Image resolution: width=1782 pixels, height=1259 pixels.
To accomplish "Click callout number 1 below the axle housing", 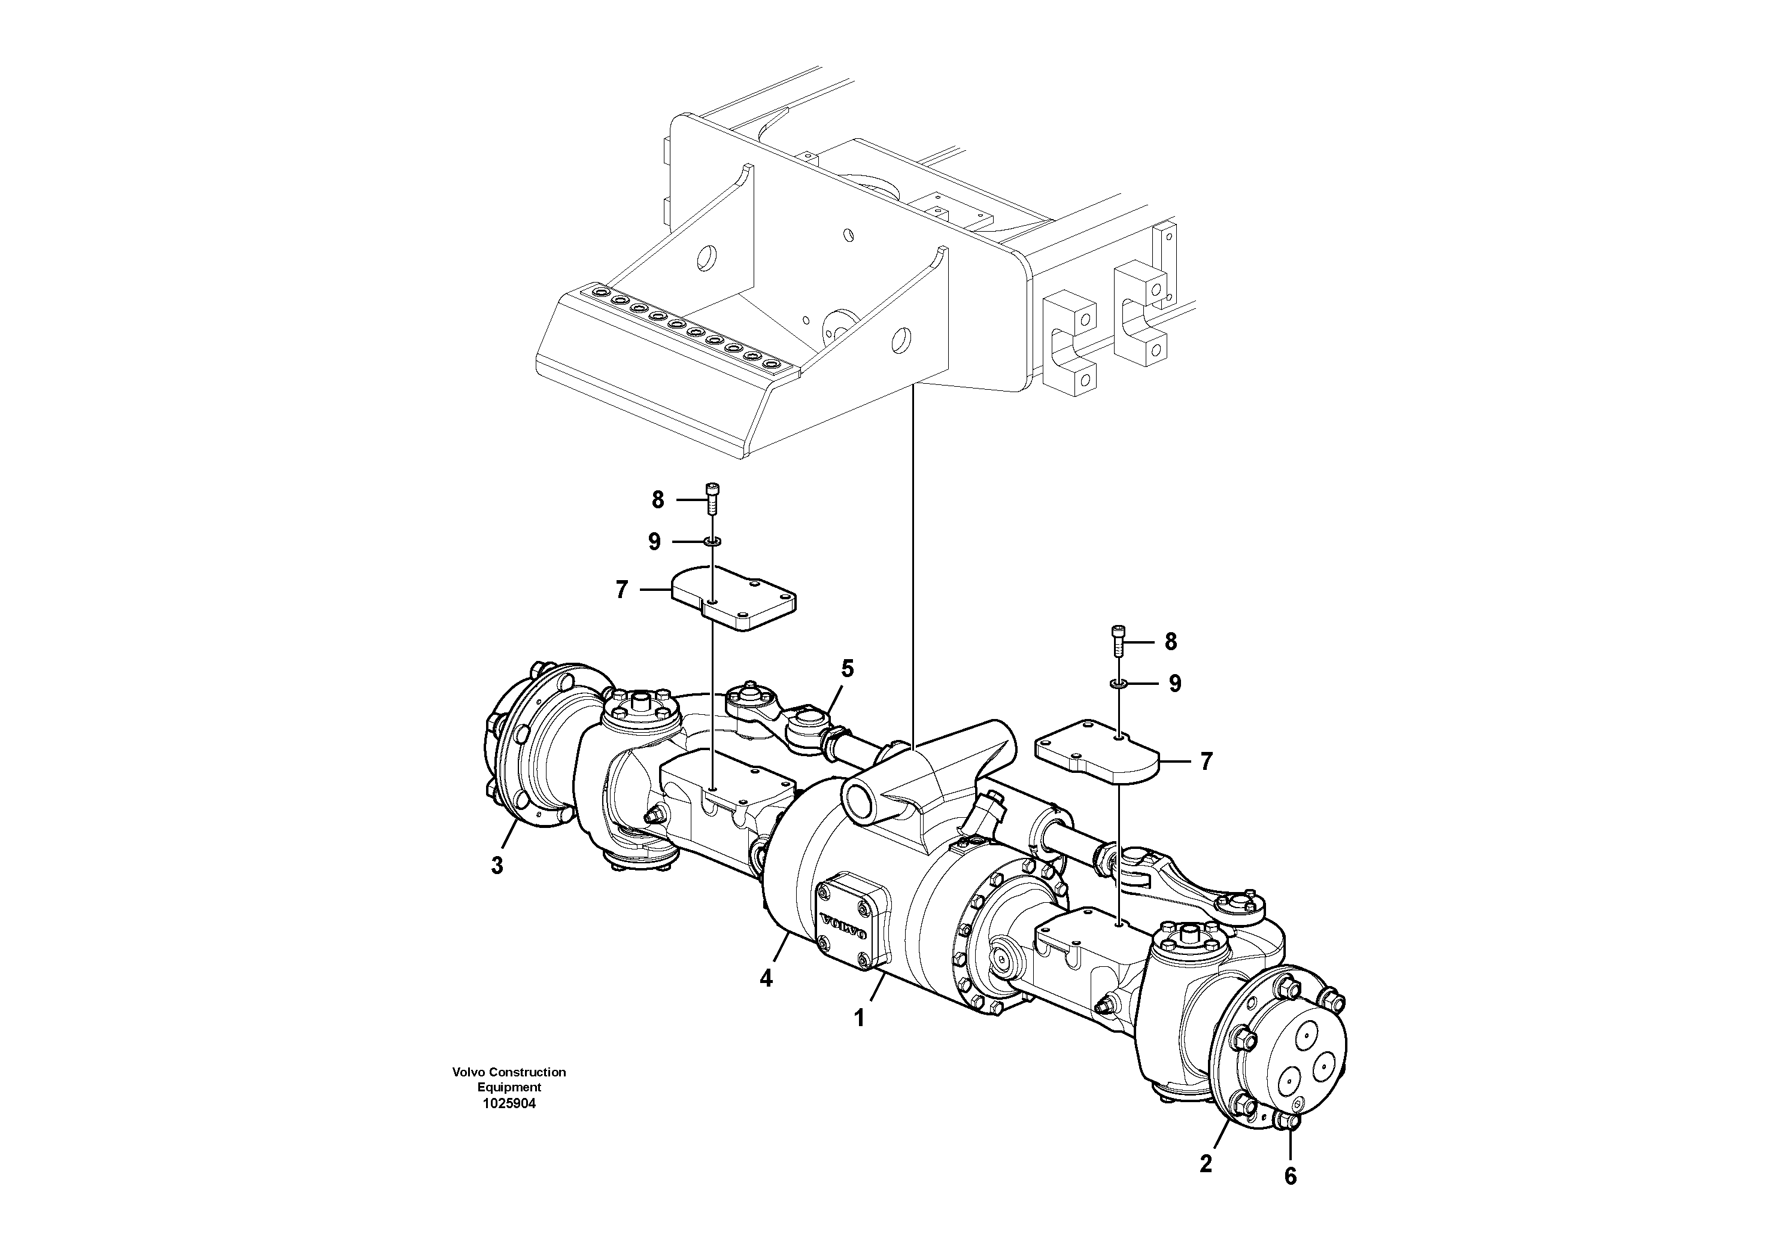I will (858, 1018).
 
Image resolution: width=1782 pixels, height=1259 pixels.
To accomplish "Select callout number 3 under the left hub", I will (497, 866).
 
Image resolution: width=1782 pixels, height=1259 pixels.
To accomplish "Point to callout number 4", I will (766, 979).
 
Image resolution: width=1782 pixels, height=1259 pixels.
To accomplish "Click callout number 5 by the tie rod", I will (848, 668).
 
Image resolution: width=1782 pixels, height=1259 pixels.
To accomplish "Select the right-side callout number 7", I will (1206, 762).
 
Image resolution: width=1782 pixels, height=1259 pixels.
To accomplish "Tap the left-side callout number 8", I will (657, 500).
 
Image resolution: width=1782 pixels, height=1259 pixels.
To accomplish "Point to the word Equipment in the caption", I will (509, 1087).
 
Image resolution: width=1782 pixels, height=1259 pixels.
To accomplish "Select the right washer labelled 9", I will (1118, 683).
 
